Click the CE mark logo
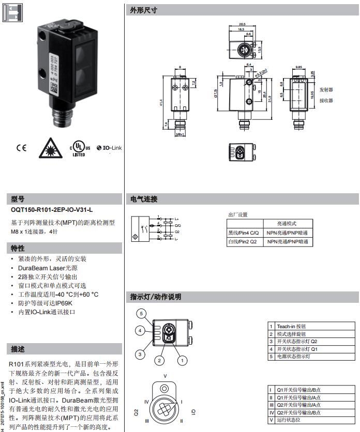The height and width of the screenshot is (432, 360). (21, 148)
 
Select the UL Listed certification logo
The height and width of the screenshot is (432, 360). (79, 148)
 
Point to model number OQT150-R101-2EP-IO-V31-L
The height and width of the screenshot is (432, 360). (52, 210)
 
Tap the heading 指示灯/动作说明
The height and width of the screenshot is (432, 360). (154, 297)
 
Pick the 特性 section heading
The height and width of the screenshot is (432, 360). (18, 248)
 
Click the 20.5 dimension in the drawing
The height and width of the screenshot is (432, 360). (242, 24)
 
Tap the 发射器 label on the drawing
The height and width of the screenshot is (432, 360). (326, 89)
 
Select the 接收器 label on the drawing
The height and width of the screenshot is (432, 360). (326, 100)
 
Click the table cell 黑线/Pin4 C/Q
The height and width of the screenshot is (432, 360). (244, 233)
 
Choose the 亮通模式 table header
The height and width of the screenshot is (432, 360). (288, 223)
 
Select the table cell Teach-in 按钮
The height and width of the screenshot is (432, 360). (292, 326)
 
